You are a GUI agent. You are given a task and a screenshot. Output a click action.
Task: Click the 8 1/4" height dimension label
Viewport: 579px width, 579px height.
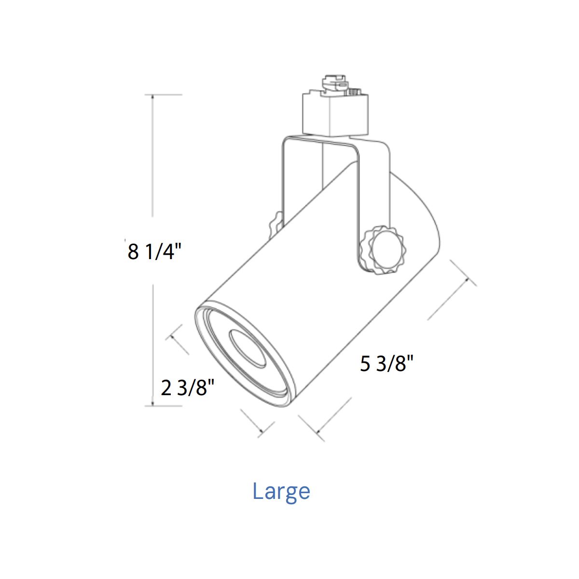154,252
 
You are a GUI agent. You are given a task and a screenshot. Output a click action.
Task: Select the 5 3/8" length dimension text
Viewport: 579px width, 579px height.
386,364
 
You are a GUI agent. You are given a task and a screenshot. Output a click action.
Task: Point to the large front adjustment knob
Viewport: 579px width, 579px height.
386,250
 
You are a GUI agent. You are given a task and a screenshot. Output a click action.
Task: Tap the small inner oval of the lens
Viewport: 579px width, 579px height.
248,349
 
